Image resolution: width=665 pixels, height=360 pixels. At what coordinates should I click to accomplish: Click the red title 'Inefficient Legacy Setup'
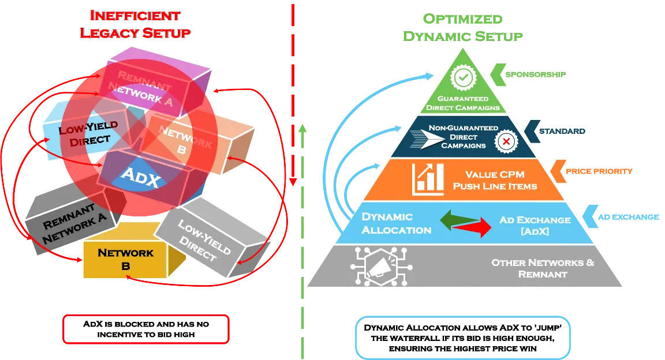click(134, 24)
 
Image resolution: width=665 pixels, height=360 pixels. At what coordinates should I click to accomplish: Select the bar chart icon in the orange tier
click(428, 179)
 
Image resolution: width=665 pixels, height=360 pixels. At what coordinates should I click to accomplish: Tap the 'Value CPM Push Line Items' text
click(495, 180)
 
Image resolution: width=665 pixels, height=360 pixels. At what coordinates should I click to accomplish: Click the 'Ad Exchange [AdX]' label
click(535, 225)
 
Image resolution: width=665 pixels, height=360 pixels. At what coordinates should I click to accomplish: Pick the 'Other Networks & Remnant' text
click(543, 268)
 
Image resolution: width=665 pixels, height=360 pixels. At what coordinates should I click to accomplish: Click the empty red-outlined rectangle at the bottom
click(146, 329)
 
